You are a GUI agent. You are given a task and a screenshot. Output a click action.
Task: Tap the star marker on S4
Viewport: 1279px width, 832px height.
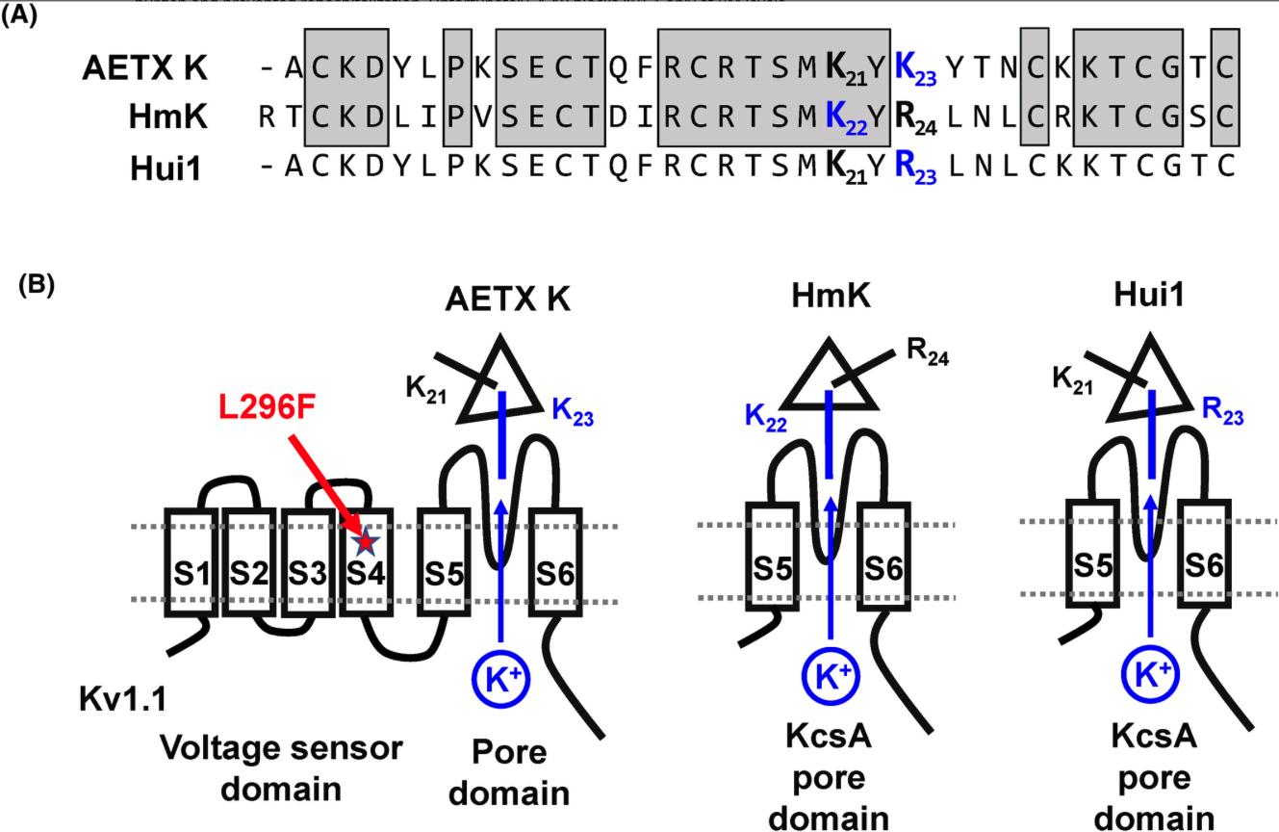[x=365, y=542]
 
